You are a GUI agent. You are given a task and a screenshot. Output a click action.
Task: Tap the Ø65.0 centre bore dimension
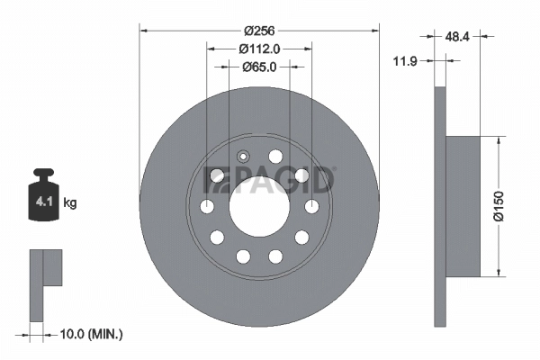coord(258,67)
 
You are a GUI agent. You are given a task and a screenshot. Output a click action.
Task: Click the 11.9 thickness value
coord(406,61)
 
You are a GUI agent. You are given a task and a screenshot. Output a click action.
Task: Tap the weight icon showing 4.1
coord(43,197)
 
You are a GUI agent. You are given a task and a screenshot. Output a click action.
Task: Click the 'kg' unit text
coord(69,203)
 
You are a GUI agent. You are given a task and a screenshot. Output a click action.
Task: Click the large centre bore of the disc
coord(258,207)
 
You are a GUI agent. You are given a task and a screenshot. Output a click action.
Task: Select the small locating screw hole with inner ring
coord(240,155)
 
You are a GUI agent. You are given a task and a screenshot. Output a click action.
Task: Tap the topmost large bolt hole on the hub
coord(275,157)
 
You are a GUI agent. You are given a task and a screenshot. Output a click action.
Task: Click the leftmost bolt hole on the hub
coord(206,208)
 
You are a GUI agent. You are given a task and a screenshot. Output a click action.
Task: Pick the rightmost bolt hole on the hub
coord(311,208)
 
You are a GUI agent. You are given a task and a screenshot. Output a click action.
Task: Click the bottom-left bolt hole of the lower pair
coord(242,257)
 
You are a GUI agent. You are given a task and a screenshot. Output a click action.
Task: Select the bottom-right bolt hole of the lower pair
coord(275,257)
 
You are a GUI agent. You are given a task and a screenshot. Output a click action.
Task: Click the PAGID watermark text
coord(270,180)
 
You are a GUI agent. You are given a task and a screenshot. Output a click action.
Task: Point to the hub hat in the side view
coord(467,207)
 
